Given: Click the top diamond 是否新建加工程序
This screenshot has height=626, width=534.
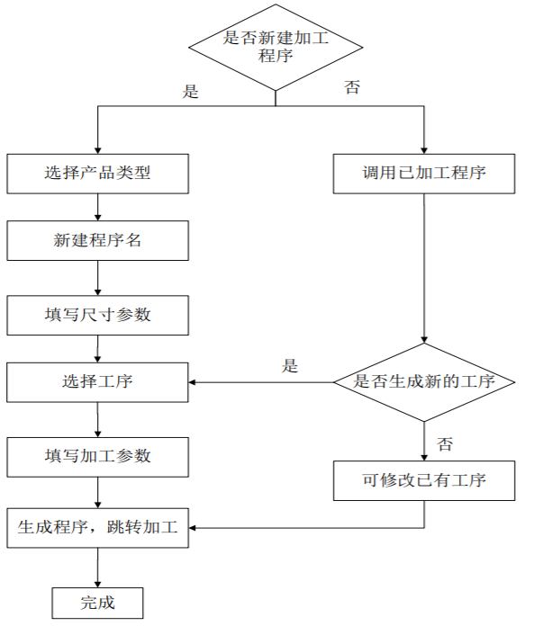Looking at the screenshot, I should click(275, 46).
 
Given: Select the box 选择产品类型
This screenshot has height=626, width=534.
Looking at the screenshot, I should click(97, 174).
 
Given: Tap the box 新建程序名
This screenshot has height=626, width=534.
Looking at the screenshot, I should click(97, 241).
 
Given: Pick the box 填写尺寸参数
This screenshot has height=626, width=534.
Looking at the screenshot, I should click(97, 315).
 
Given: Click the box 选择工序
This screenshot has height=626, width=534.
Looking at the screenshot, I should click(97, 382).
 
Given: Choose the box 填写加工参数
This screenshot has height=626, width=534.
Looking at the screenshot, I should click(97, 456).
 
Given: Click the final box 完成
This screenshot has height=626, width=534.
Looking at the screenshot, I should click(97, 602).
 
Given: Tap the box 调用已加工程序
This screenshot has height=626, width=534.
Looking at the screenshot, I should click(424, 174).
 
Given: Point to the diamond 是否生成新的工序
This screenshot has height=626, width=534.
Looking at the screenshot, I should click(424, 382).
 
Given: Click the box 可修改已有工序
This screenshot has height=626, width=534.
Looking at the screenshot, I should click(424, 480).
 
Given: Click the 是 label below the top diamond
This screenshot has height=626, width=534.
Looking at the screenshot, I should click(191, 91).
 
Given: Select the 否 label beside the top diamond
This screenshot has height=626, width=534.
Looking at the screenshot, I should click(352, 87).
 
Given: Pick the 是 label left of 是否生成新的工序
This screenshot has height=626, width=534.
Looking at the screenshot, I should click(290, 365).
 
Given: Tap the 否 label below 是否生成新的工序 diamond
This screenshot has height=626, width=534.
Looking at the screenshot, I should click(445, 443).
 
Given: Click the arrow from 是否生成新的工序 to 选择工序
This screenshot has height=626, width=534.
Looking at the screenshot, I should click(261, 382).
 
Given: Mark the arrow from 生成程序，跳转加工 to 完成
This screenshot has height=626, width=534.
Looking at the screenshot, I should click(97, 568).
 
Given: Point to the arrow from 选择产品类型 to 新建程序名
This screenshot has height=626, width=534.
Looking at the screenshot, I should click(97, 207).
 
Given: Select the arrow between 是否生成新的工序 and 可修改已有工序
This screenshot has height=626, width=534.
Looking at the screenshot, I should click(424, 442).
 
